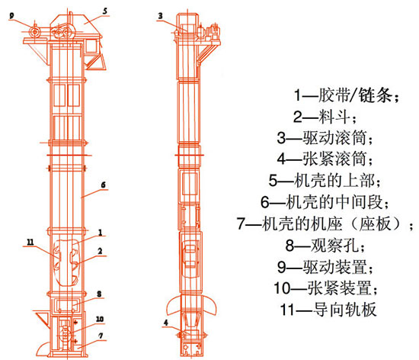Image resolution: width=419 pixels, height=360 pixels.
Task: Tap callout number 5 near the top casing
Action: point(105,11)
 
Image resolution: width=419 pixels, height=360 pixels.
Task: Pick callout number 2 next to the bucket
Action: point(99,249)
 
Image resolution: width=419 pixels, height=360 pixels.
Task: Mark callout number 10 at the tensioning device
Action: point(99,319)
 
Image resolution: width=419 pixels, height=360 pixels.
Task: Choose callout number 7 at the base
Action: point(99,336)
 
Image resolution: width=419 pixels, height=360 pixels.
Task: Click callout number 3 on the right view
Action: point(160,14)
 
